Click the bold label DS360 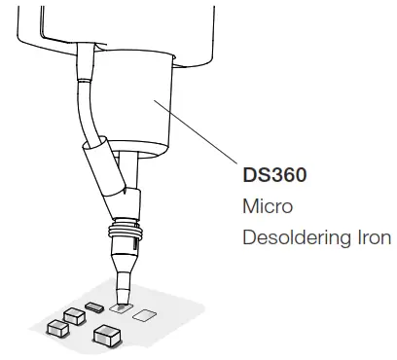(275, 179)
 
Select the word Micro (263, 207)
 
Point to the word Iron (372, 237)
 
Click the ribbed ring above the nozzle (126, 234)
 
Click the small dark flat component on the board (94, 306)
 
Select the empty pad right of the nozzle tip (145, 314)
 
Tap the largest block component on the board (108, 337)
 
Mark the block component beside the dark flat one (72, 315)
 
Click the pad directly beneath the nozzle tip (122, 306)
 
